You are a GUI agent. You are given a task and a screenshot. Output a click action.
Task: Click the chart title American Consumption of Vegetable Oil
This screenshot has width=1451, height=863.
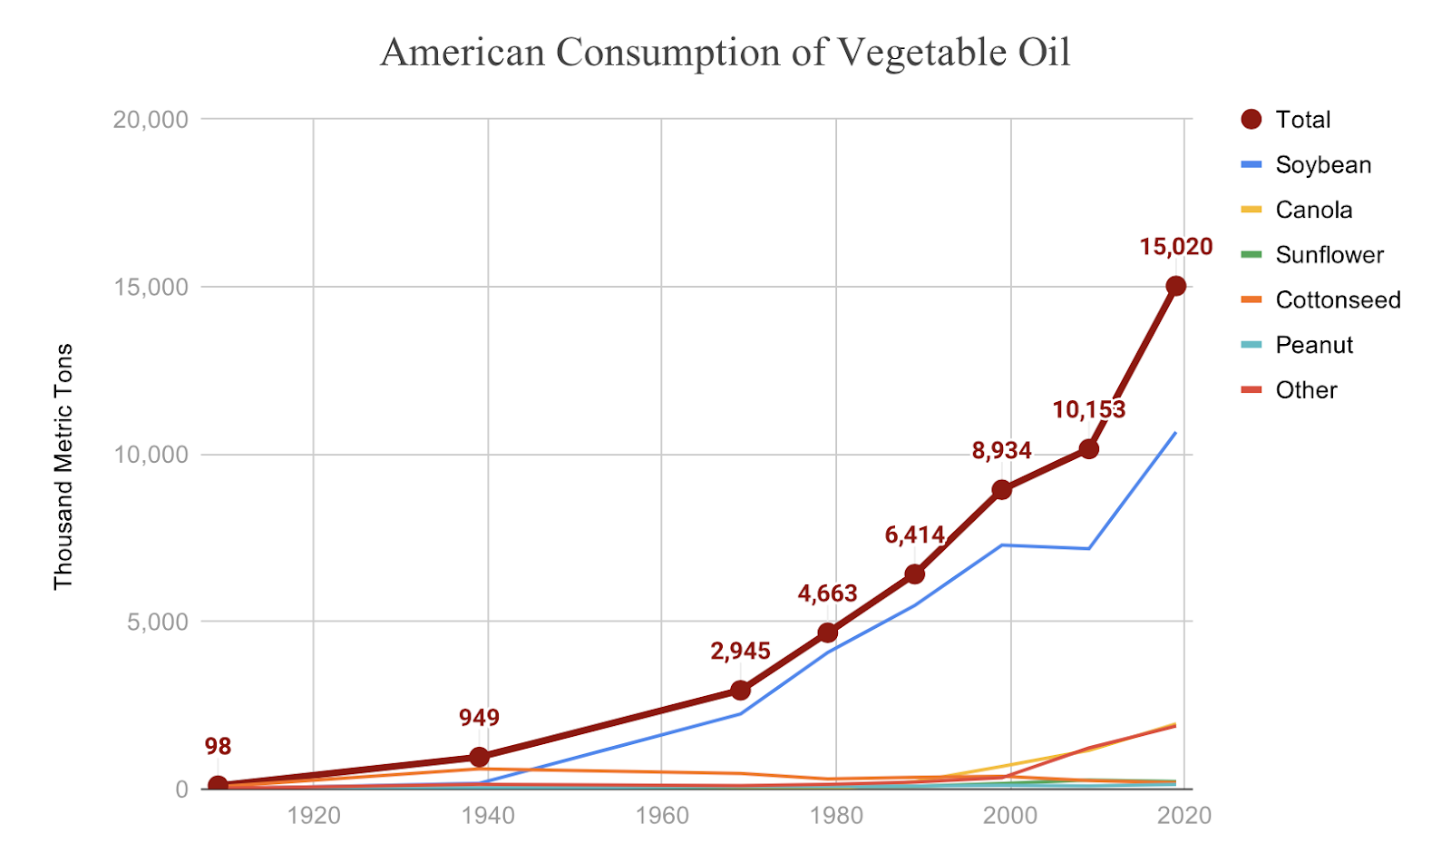tap(725, 53)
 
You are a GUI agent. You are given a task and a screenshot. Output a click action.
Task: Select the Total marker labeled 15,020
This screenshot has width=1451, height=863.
tap(1175, 286)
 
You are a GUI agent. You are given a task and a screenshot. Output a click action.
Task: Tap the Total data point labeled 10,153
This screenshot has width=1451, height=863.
tap(1088, 448)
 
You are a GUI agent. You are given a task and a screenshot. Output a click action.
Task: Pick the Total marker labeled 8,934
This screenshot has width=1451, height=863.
tap(1001, 490)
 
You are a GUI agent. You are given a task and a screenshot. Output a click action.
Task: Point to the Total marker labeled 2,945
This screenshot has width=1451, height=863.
tap(740, 691)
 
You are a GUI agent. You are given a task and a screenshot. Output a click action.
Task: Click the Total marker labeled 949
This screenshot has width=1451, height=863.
tap(479, 757)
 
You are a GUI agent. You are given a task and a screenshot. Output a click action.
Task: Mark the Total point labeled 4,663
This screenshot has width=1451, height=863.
tap(827, 633)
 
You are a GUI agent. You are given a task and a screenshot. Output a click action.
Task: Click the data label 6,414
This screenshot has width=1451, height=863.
tap(914, 535)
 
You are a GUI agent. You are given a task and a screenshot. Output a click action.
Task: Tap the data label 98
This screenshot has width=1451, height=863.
tap(218, 747)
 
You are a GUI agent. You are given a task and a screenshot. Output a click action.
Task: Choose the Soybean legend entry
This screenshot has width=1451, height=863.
tap(1322, 165)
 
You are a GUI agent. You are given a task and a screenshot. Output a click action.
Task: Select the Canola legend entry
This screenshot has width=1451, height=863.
tap(1313, 210)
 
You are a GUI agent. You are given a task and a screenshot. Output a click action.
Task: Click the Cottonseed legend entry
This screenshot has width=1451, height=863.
tap(1338, 300)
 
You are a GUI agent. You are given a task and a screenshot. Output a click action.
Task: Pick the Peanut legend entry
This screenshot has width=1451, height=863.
tap(1313, 345)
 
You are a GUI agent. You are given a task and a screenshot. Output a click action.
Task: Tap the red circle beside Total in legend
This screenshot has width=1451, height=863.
tap(1251, 120)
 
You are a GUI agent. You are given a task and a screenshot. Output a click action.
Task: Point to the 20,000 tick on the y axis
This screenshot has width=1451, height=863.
tap(151, 120)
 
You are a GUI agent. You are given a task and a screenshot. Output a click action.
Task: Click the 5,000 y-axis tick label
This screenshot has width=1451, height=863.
tap(156, 623)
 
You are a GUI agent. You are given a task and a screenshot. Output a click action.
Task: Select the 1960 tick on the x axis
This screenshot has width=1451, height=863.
tap(662, 816)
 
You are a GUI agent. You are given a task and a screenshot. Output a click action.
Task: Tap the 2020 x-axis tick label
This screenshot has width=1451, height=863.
tap(1184, 816)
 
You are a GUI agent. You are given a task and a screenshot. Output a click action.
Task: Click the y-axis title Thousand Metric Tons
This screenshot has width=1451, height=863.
tap(63, 466)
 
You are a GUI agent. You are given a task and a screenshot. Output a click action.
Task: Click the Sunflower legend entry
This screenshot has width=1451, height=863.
tap(1329, 255)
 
